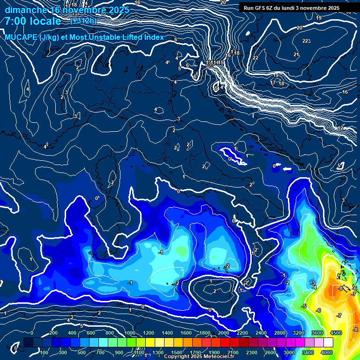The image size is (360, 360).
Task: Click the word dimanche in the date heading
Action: click(25, 10)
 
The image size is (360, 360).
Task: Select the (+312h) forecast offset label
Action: click(83, 21)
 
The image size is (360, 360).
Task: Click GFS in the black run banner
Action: click(261, 8)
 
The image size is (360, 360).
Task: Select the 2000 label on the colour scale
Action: click(223, 333)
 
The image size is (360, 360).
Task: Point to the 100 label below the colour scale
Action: click(45, 352)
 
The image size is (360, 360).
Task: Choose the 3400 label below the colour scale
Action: click(307, 352)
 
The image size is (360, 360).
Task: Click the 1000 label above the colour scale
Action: click(129, 333)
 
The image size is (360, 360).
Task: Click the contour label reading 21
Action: click(296, 55)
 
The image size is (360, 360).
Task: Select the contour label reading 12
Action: click(341, 128)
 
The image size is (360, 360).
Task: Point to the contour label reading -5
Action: click(304, 306)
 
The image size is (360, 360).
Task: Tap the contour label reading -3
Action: click(313, 283)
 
